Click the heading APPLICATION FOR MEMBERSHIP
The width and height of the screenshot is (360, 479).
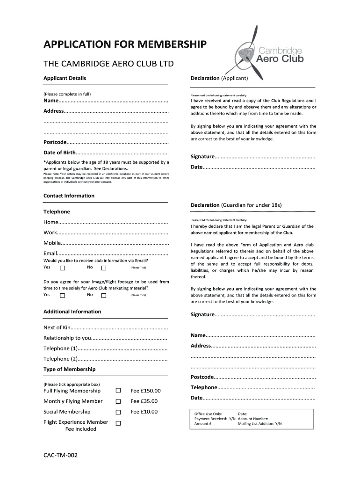point(124,45)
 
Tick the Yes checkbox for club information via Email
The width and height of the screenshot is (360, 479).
point(63,268)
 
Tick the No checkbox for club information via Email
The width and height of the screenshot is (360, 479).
point(104,268)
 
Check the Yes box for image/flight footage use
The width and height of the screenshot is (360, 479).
point(63,295)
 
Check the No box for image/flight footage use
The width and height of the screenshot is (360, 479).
point(104,295)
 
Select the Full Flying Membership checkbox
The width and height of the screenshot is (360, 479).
point(118,391)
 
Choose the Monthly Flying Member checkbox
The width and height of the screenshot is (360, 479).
point(118,401)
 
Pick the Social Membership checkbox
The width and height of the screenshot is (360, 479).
point(118,412)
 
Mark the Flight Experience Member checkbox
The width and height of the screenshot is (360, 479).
point(118,423)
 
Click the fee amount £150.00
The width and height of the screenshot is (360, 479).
point(145,391)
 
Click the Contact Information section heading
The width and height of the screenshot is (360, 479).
point(69,196)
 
